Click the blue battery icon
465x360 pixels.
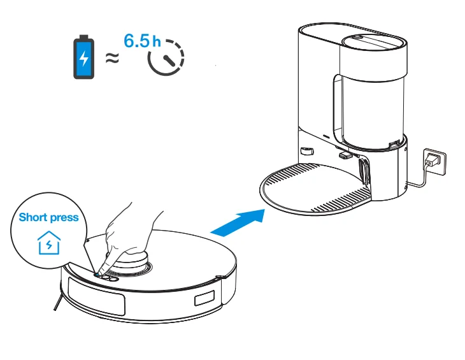[83, 57]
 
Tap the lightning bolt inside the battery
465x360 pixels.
[83, 59]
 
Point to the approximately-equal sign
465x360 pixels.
[112, 58]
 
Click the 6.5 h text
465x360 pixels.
[142, 41]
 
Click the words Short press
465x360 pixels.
[48, 217]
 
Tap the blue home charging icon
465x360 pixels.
[48, 243]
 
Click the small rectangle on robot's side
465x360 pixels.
[204, 298]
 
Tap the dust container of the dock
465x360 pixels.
[369, 102]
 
